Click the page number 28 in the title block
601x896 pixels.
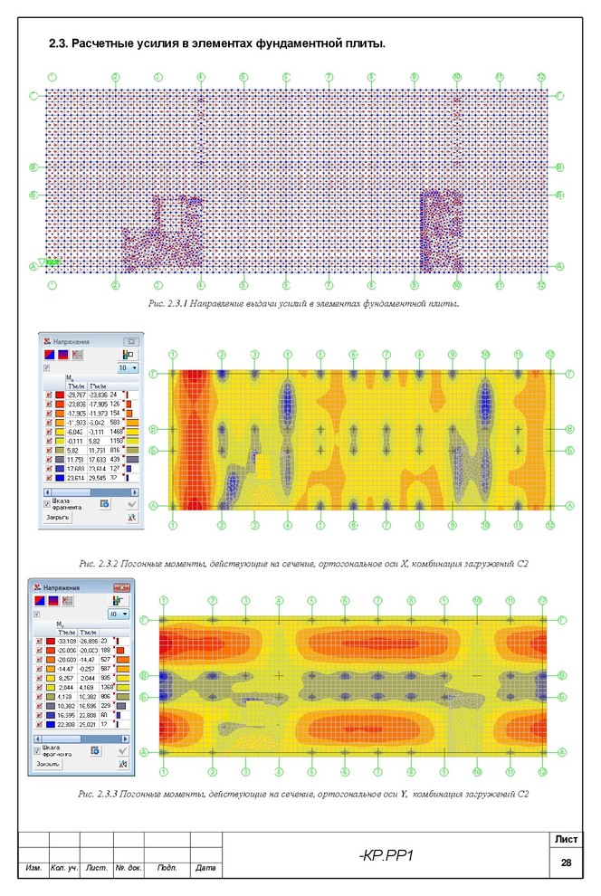point(566,864)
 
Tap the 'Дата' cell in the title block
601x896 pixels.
point(205,869)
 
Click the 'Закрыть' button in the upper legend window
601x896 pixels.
point(59,518)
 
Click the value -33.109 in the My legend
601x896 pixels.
point(65,641)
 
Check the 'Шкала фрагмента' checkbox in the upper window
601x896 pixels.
point(47,503)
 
